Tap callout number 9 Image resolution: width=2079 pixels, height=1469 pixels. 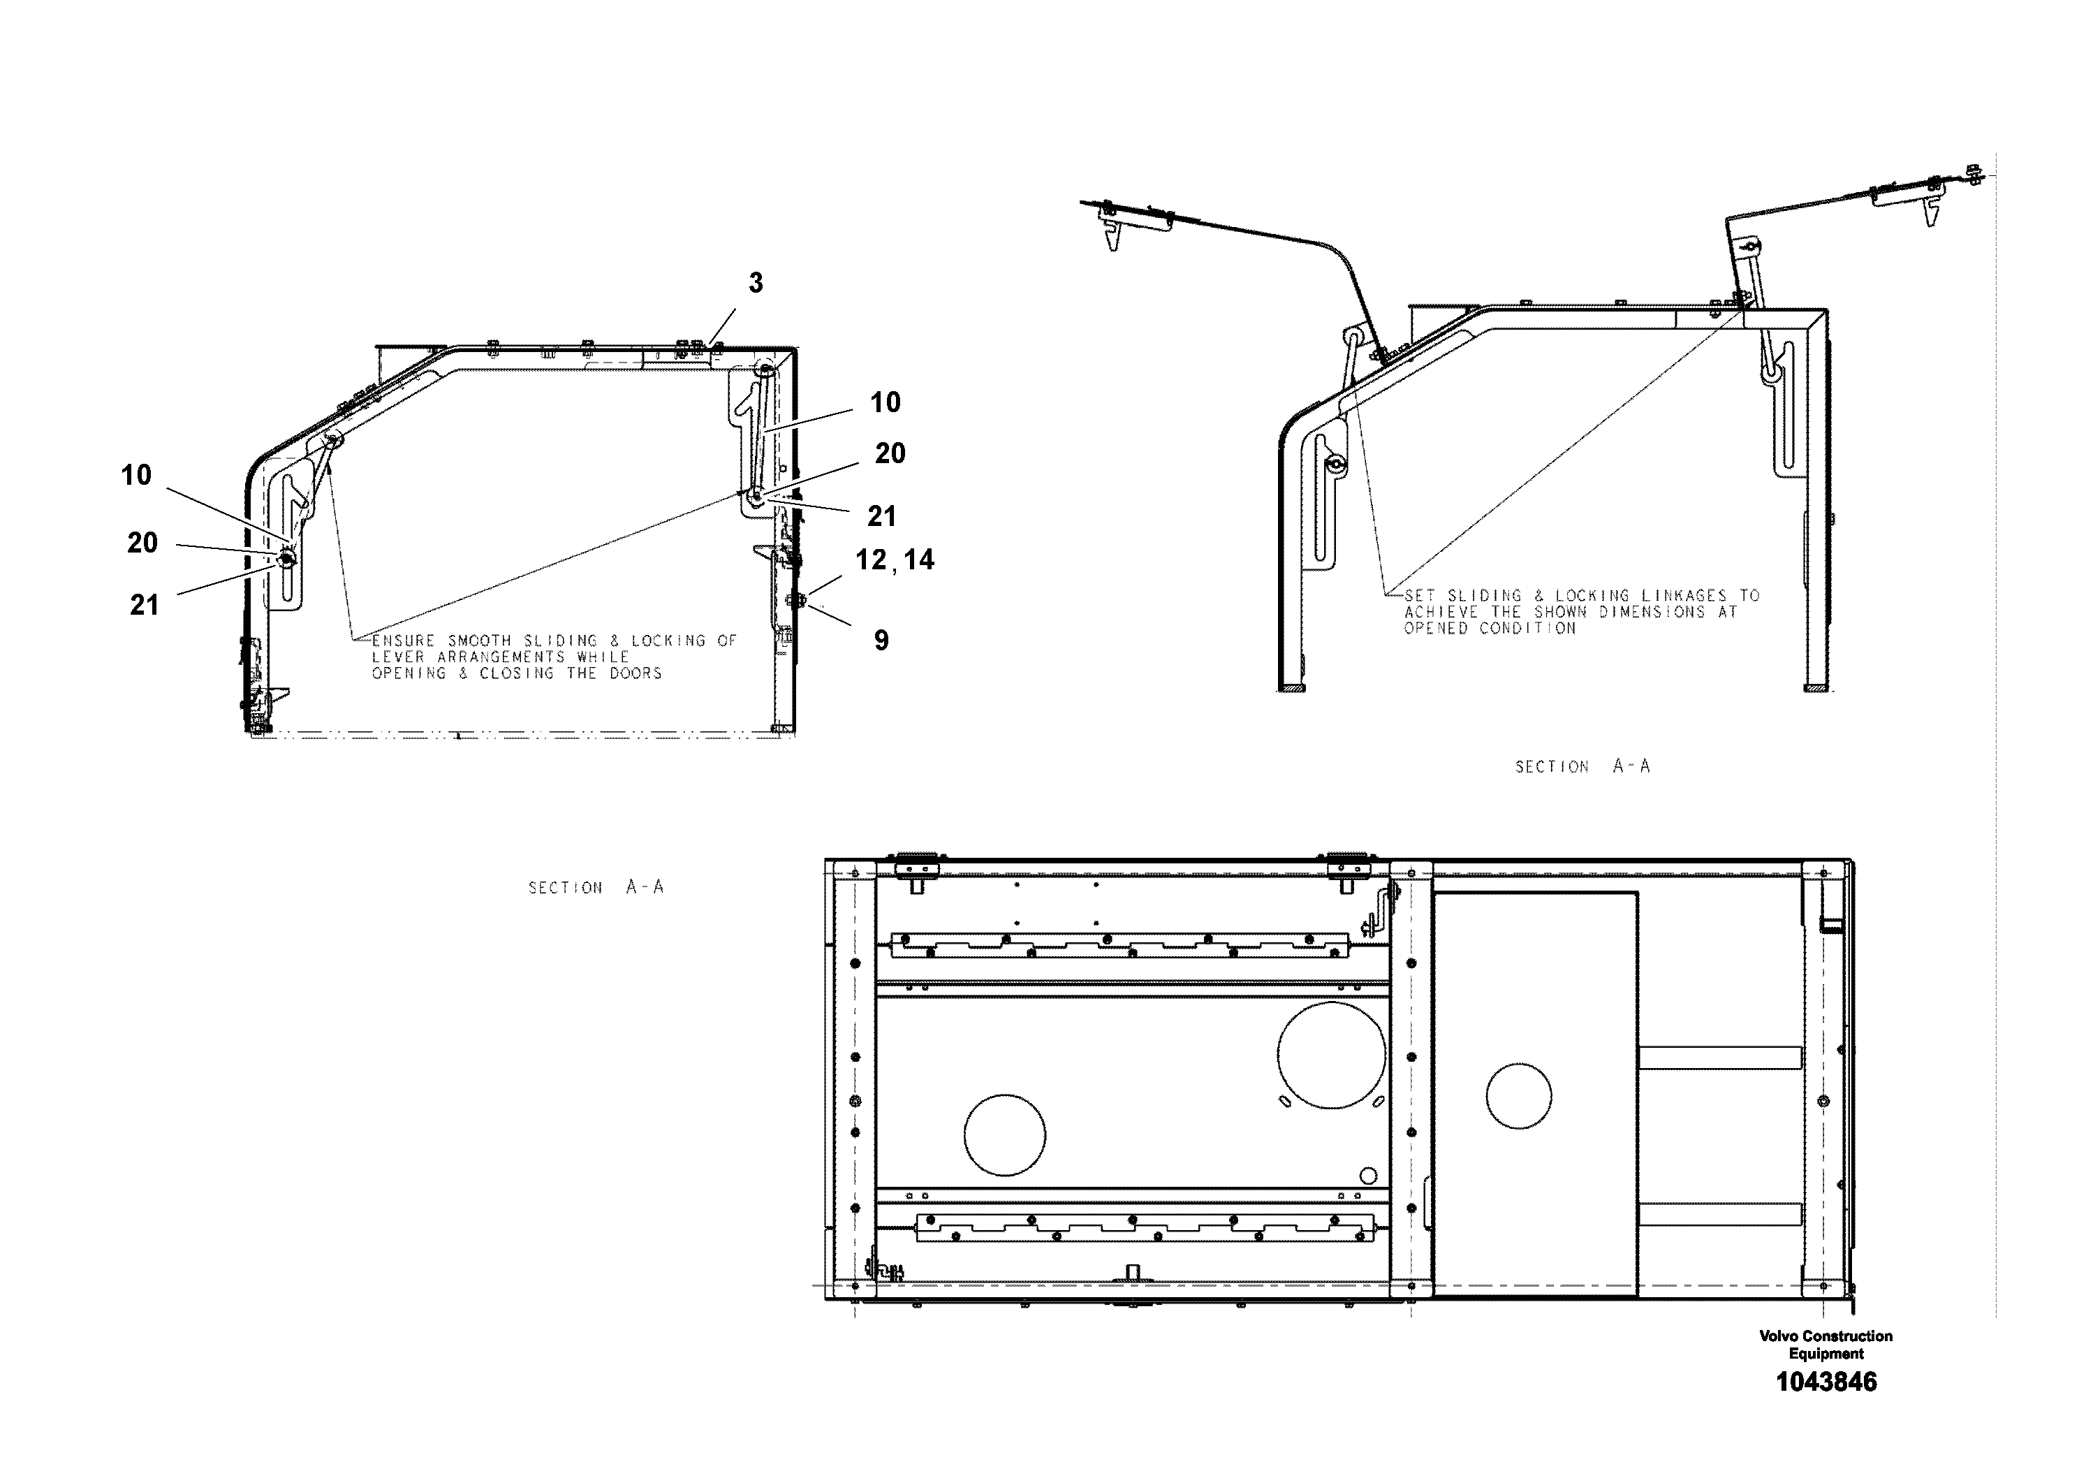tap(881, 641)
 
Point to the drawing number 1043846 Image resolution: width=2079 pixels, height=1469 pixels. tap(1826, 1382)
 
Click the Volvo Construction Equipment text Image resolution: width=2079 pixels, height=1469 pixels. tap(1825, 1345)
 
